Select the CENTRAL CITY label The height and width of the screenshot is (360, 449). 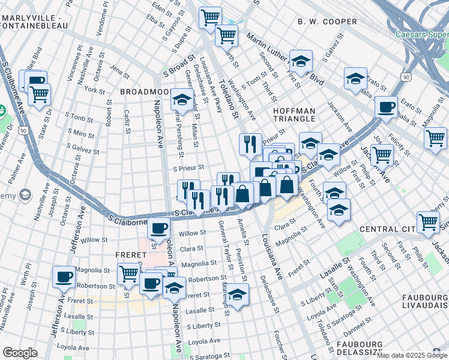(388, 229)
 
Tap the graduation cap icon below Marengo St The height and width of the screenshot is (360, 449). (238, 294)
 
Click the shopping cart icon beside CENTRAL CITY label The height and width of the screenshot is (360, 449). (428, 221)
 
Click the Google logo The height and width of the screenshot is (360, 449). (20, 353)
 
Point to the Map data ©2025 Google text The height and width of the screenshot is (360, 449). (411, 355)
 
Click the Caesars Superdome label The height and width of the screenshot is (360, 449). (422, 34)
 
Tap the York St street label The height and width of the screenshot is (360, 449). (95, 90)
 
